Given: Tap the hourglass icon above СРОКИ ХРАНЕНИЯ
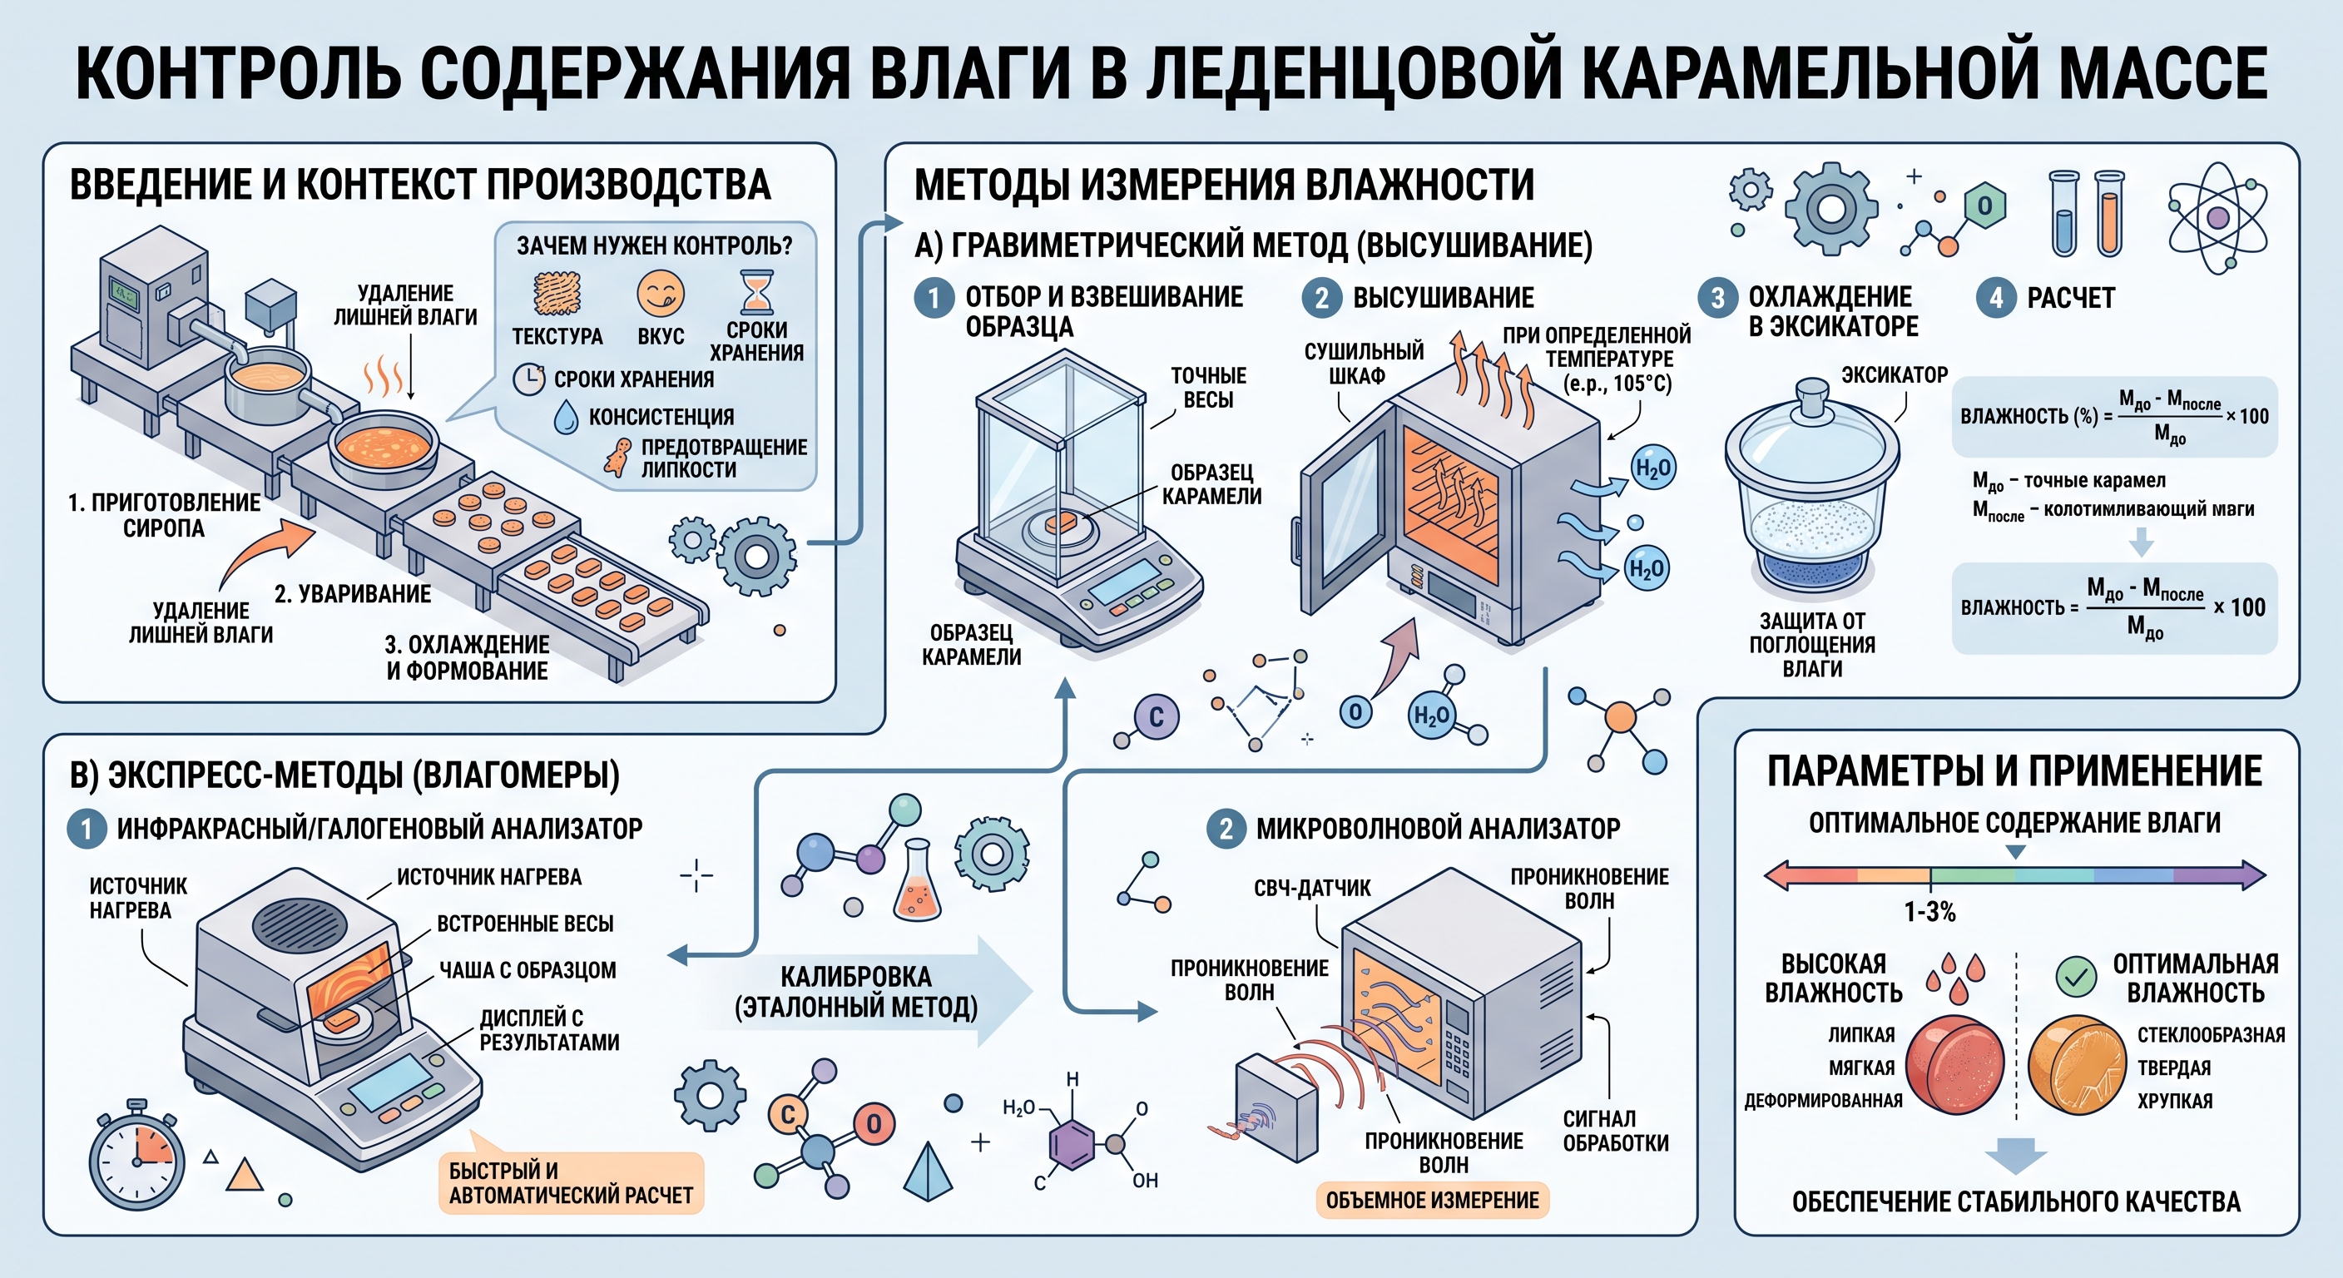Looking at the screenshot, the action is click(755, 292).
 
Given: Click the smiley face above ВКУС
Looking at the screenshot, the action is click(661, 293).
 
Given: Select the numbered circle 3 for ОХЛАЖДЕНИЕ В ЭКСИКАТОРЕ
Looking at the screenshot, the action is click(1718, 297).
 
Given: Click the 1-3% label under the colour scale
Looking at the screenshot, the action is click(1929, 911).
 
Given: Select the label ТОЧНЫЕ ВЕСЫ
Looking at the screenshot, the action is click(1208, 388).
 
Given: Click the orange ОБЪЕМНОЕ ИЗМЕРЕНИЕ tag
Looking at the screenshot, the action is click(1432, 1200).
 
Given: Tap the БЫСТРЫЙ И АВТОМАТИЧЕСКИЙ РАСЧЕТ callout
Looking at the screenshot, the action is click(570, 1182).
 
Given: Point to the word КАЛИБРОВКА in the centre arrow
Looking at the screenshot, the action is click(856, 977).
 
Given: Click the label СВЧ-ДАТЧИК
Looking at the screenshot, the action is click(1311, 888).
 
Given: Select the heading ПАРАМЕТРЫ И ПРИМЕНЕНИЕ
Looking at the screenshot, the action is click(2014, 771).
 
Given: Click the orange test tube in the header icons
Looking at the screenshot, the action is click(2110, 214).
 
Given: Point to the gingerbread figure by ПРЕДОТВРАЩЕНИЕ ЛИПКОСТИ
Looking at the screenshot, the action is click(618, 458).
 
